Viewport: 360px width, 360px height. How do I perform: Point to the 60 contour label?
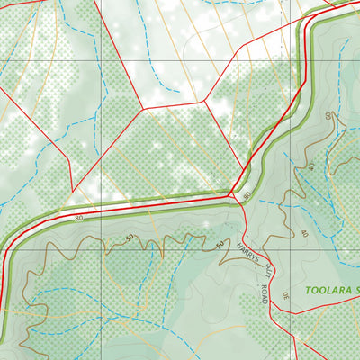tap(328, 118)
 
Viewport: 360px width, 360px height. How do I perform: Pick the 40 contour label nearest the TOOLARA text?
tap(304, 233)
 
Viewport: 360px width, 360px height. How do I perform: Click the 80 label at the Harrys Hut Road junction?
tap(246, 195)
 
